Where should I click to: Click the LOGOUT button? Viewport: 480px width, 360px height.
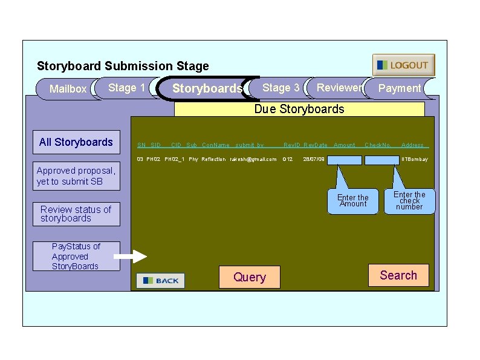pyautogui.click(x=403, y=65)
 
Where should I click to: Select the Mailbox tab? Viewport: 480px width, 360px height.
pyautogui.click(x=67, y=89)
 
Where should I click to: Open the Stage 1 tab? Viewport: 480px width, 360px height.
pyautogui.click(x=126, y=88)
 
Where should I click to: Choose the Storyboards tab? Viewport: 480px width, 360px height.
pyautogui.click(x=207, y=88)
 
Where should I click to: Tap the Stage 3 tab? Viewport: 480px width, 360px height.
pyautogui.click(x=281, y=88)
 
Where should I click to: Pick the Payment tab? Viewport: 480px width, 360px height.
pyautogui.click(x=399, y=88)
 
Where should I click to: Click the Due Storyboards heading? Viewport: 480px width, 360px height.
pyautogui.click(x=299, y=109)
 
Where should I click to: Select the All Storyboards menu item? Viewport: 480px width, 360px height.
pyautogui.click(x=76, y=142)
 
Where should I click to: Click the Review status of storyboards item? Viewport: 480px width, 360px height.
pyautogui.click(x=76, y=214)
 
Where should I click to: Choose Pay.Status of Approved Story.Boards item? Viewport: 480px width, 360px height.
pyautogui.click(x=76, y=256)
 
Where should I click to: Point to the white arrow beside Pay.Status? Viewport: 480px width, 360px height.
pyautogui.click(x=130, y=257)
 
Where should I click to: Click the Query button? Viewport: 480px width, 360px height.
pyautogui.click(x=250, y=277)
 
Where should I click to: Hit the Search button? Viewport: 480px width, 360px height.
pyautogui.click(x=398, y=275)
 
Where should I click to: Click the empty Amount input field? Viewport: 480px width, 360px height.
pyautogui.click(x=345, y=160)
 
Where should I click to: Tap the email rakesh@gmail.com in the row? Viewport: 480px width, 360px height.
pyautogui.click(x=253, y=160)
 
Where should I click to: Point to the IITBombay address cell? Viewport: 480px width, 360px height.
pyautogui.click(x=415, y=160)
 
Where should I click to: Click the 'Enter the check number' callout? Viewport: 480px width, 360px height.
pyautogui.click(x=409, y=201)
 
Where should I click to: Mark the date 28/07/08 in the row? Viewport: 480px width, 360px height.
pyautogui.click(x=314, y=160)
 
